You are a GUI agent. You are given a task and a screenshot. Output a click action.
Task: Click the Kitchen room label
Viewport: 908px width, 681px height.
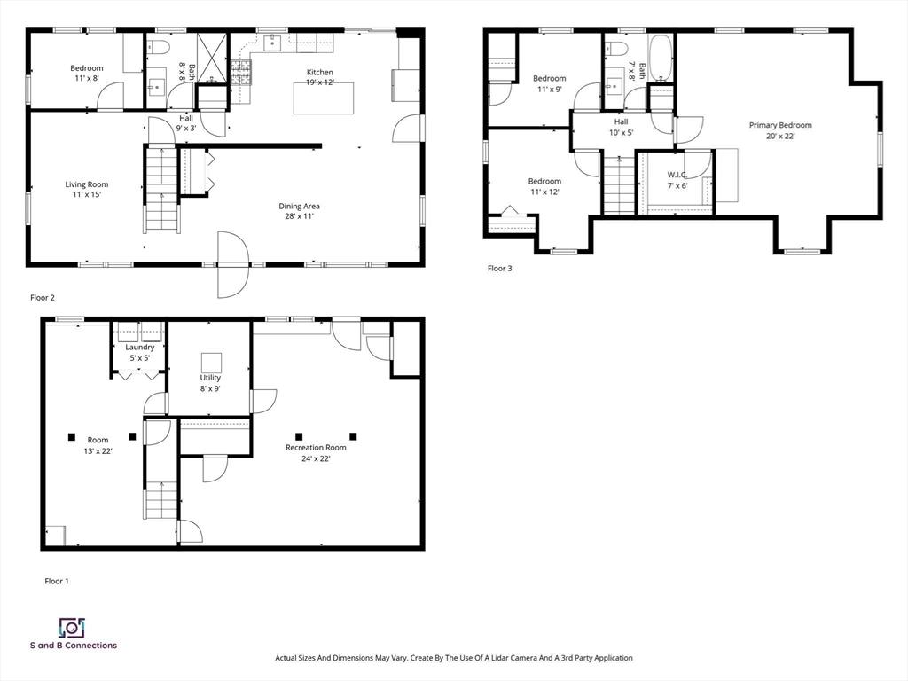click(x=319, y=73)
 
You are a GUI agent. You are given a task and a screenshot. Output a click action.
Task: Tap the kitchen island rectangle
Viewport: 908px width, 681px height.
click(x=323, y=98)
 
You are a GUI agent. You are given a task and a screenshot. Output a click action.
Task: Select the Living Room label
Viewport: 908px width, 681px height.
click(x=87, y=184)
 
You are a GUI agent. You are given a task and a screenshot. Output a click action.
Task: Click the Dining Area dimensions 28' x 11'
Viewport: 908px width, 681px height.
click(x=299, y=216)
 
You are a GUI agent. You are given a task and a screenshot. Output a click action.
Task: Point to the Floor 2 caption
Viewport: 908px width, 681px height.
click(x=43, y=298)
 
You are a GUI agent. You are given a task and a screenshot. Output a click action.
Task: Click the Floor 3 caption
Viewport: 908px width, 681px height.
click(x=500, y=268)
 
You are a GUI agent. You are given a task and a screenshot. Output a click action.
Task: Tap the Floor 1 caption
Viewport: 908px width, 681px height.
click(x=57, y=581)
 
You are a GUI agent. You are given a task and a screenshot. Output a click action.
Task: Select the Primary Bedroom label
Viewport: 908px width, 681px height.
click(x=780, y=125)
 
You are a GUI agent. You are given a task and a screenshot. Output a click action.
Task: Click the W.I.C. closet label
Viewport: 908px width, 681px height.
click(x=677, y=175)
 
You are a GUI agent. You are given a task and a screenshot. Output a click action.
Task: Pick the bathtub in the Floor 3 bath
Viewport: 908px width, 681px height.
click(x=660, y=58)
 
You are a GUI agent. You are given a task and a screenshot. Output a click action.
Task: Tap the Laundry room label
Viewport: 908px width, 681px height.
click(x=139, y=348)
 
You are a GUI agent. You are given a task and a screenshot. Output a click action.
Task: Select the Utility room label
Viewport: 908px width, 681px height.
click(x=210, y=378)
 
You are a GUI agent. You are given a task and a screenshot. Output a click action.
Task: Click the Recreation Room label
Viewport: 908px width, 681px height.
click(x=316, y=448)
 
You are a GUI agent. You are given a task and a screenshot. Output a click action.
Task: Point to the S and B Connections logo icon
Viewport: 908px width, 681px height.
click(x=73, y=628)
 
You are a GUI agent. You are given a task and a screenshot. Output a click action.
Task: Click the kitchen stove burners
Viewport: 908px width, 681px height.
click(x=241, y=73)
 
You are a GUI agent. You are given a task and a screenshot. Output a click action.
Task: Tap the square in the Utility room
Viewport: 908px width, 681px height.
click(x=211, y=363)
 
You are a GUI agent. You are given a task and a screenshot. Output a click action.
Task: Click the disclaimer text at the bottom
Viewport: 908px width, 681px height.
click(x=454, y=658)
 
